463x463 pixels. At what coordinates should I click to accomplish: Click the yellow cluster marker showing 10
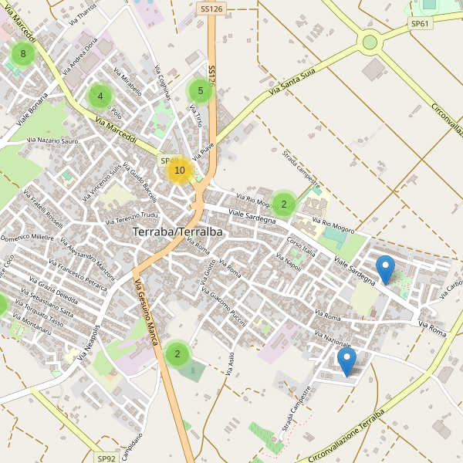180,171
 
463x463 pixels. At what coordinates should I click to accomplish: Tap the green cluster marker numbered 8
23,54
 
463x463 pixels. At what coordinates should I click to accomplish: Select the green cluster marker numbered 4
100,96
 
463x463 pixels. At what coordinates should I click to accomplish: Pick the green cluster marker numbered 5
201,91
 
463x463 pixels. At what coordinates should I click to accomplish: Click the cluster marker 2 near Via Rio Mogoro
284,204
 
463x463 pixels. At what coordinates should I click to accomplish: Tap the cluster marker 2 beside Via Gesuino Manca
177,354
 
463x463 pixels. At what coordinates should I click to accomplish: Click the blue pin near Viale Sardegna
385,270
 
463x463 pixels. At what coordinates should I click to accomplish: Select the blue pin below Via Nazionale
347,361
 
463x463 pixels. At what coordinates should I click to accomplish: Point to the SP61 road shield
421,24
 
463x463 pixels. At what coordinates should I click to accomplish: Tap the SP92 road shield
106,458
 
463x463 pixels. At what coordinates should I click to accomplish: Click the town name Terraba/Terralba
177,231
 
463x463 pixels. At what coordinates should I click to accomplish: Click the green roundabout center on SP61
370,42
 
